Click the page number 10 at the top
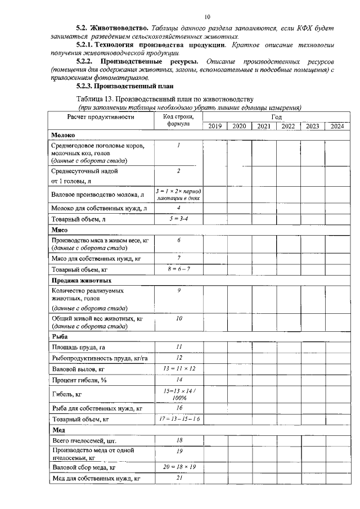pyautogui.click(x=208, y=17)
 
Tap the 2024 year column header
pyautogui.click(x=337, y=126)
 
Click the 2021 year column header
pyautogui.click(x=264, y=126)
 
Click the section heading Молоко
pyautogui.click(x=63, y=136)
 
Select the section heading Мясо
pyautogui.click(x=60, y=229)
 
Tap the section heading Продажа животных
pyautogui.click(x=81, y=280)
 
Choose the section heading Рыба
pyautogui.click(x=60, y=336)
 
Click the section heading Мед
pyautogui.click(x=58, y=430)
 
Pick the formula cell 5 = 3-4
pyautogui.click(x=178, y=219)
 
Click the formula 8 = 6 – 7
pyautogui.click(x=178, y=269)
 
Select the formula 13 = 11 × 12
pyautogui.click(x=178, y=368)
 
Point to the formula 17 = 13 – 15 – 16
pyautogui.click(x=178, y=419)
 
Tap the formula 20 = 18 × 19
pyautogui.click(x=178, y=467)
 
